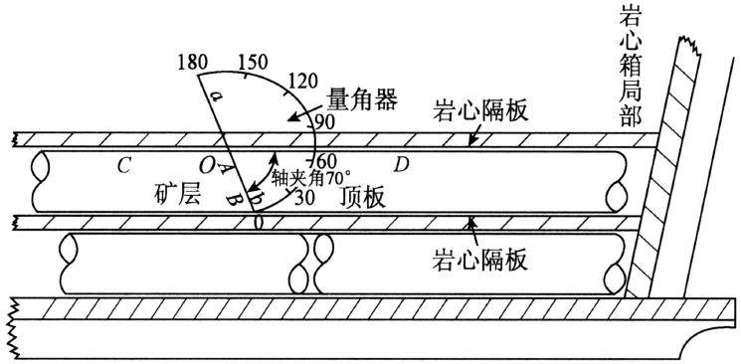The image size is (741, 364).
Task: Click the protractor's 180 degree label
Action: (x=193, y=62)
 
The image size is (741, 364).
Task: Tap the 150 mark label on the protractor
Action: (x=253, y=62)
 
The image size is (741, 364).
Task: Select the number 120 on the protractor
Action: (x=302, y=82)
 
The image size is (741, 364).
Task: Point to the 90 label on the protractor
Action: (x=324, y=122)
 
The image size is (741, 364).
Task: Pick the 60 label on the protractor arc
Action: (x=324, y=158)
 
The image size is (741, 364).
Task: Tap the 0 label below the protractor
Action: (x=258, y=222)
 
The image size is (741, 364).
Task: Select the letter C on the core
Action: (x=123, y=166)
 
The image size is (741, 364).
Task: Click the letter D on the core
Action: (x=401, y=166)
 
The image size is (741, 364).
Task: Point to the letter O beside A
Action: (x=207, y=166)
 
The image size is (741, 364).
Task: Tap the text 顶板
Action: (x=362, y=199)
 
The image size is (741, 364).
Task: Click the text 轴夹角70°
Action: (x=311, y=179)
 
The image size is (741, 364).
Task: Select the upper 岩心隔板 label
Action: (x=479, y=111)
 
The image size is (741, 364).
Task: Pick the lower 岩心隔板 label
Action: (x=479, y=260)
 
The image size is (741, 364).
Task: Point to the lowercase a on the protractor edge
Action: (x=216, y=96)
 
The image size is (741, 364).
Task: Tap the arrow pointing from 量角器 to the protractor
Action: (x=305, y=114)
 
